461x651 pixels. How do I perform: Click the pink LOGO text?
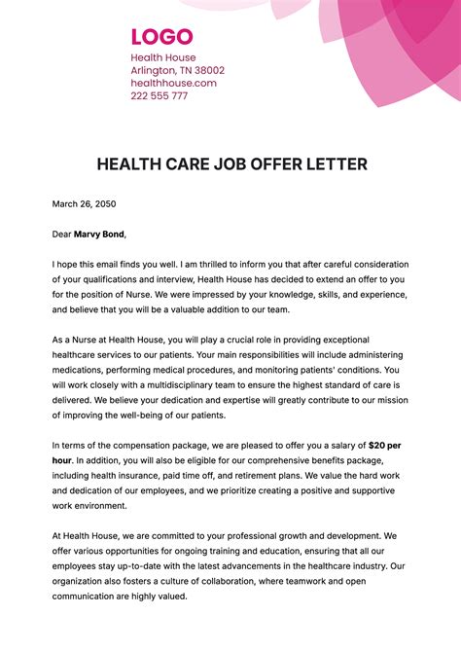[161, 38]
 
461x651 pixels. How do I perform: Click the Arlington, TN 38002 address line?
[178, 71]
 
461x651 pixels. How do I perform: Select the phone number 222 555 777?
[160, 96]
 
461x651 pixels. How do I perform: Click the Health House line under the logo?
[163, 58]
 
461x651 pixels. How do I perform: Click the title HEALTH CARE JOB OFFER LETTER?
[231, 163]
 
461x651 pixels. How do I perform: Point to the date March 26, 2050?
[85, 204]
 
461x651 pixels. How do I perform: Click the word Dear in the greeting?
[61, 235]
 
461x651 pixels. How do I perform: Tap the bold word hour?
[63, 460]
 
